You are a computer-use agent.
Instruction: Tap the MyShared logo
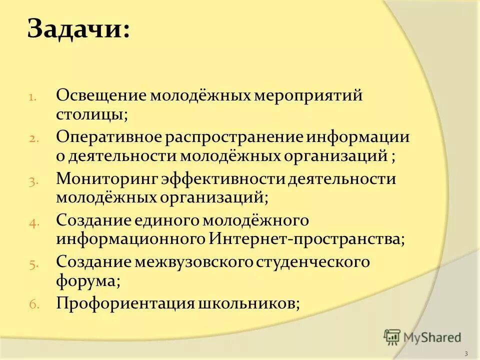pos(422,336)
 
